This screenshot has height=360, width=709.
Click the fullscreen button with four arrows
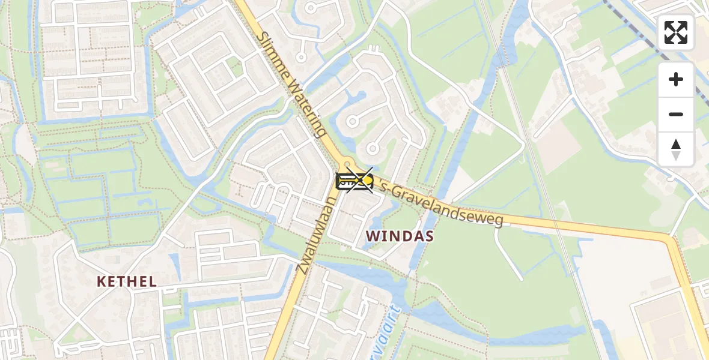676,32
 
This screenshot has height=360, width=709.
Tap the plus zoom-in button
676,79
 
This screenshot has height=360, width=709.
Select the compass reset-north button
676,149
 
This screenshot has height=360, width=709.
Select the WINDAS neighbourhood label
400,236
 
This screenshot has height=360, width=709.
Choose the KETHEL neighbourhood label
127,281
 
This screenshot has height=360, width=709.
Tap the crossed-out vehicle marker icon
354,181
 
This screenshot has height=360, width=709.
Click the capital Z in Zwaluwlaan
302,265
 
